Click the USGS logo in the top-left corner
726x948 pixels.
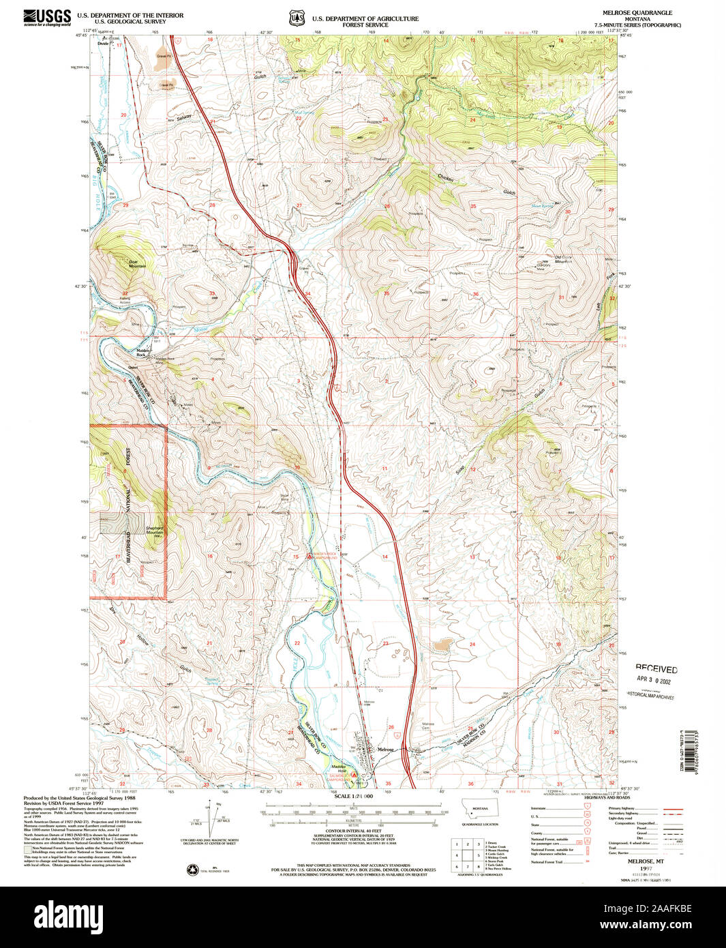click(x=47, y=16)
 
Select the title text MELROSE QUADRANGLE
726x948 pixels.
click(x=627, y=13)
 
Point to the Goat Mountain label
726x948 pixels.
click(x=137, y=263)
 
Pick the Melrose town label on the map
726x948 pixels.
click(x=386, y=750)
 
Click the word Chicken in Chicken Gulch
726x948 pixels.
click(x=445, y=177)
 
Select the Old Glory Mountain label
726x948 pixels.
click(x=562, y=260)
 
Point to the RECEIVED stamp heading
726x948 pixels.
click(x=656, y=669)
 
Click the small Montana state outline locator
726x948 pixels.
click(x=480, y=810)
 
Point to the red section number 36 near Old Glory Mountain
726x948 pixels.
click(x=475, y=295)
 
